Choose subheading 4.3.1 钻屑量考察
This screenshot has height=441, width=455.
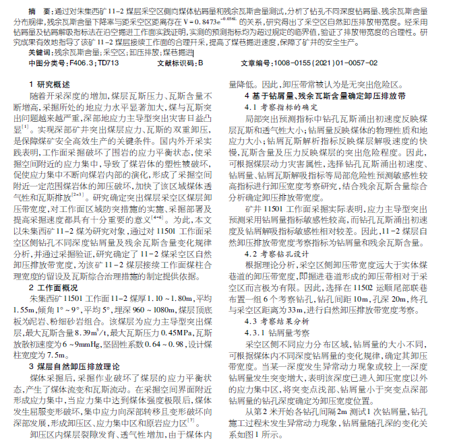[x=284, y=333]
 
